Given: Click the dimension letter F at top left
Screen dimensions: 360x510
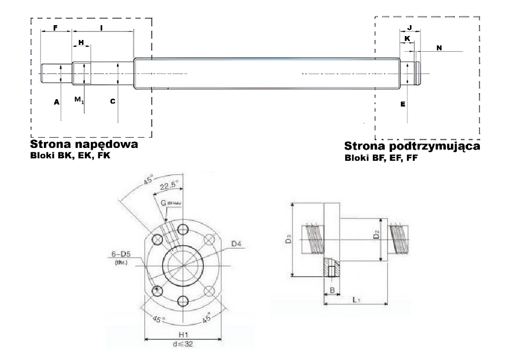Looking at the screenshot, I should tap(55, 29).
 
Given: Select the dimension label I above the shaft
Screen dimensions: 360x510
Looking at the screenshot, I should tap(101, 29).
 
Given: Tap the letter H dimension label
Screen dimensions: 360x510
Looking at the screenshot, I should tap(81, 42).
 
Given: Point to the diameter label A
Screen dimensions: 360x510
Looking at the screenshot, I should tap(56, 102).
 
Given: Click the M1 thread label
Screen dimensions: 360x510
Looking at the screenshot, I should tap(78, 100).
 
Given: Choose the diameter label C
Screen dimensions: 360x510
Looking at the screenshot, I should tap(112, 102).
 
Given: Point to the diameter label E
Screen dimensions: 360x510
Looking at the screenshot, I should tap(403, 105).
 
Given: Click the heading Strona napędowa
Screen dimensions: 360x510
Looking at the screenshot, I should tap(84, 145).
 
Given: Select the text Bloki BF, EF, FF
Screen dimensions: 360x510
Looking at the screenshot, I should tap(379, 159).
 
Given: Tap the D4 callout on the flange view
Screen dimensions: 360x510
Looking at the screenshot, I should tap(237, 243).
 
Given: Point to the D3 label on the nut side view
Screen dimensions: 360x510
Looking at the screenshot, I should tap(289, 241).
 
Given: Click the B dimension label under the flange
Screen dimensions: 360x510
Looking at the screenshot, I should tap(332, 290).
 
